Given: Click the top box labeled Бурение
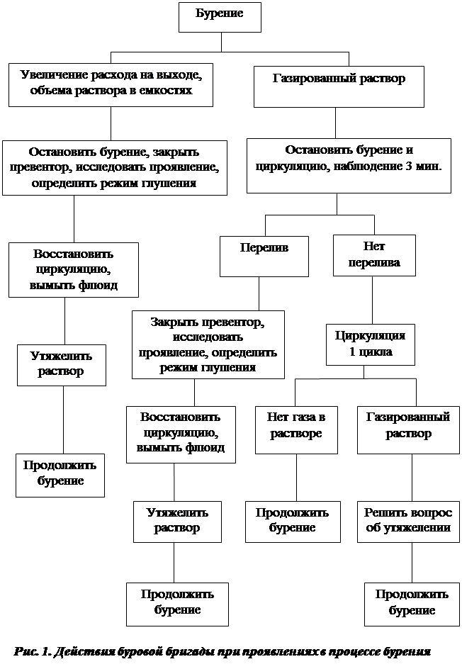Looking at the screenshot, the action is click(x=220, y=17).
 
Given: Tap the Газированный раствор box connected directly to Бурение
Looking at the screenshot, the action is click(x=339, y=86).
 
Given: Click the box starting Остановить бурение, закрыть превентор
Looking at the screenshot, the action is click(x=115, y=167).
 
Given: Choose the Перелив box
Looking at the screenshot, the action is click(x=264, y=256).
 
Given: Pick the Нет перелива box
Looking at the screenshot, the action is click(x=374, y=255).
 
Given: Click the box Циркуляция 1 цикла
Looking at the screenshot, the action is click(x=370, y=344).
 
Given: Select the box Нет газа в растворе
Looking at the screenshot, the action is click(x=296, y=429).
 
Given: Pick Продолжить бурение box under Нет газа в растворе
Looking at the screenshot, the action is click(x=292, y=522).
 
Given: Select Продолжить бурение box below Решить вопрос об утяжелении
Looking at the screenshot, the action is click(x=412, y=604).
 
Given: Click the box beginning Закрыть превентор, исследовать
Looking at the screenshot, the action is click(x=208, y=344).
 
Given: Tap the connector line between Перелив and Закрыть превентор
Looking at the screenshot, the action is click(x=259, y=293).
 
